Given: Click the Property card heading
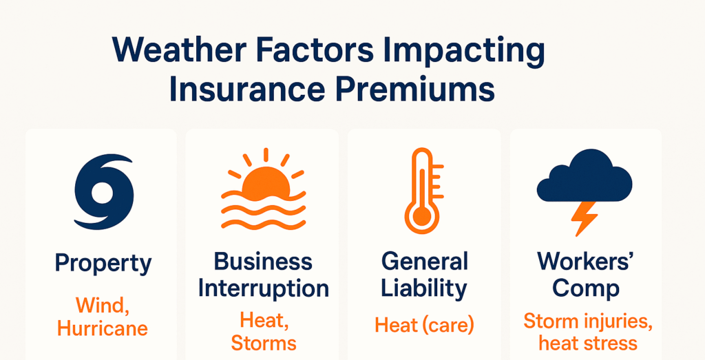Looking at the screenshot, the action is pyautogui.click(x=103, y=265).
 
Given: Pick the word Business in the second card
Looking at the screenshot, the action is pyautogui.click(x=262, y=262).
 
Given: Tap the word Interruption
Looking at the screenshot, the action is pyautogui.click(x=263, y=289).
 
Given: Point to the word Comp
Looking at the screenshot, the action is pyautogui.click(x=585, y=289).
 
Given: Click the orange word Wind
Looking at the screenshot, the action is pyautogui.click(x=103, y=306).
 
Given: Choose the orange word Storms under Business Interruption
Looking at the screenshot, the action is pyautogui.click(x=264, y=343).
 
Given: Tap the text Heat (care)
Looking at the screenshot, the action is pyautogui.click(x=424, y=325).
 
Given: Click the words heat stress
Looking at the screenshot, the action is pyautogui.click(x=588, y=343).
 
